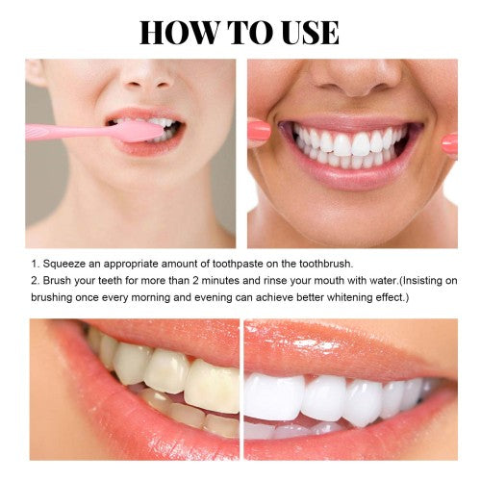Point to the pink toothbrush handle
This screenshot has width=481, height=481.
point(69,133)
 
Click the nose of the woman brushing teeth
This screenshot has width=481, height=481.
point(148,77)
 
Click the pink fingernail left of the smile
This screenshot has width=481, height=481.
point(259,129)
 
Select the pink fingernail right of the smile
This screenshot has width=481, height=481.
point(449,144)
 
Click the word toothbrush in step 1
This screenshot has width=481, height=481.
point(325,264)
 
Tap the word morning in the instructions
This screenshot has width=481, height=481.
point(151,297)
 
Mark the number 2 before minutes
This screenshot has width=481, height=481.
point(195,281)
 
